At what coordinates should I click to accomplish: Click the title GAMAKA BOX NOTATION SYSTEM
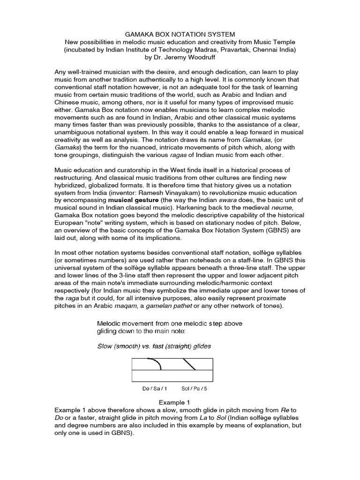pos(180,34)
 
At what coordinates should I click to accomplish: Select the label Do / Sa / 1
pos(154,388)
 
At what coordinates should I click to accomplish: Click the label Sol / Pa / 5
pos(194,388)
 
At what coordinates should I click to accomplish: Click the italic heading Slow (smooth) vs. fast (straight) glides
pos(154,346)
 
